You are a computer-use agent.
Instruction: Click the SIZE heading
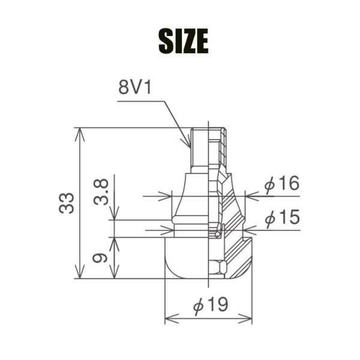184,41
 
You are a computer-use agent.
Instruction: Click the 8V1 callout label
135,88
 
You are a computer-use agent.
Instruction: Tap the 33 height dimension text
67,203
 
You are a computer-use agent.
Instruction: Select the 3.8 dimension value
101,192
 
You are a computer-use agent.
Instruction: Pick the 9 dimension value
100,258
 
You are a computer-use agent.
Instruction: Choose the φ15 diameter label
283,217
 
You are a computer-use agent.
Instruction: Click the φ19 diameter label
211,304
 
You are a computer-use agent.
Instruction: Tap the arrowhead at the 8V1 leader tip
188,143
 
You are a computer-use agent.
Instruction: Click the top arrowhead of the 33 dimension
80,134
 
